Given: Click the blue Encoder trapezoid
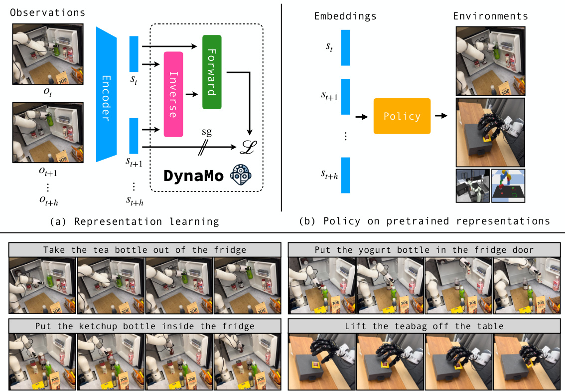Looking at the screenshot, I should tap(106, 94).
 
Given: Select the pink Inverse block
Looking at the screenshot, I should tap(173, 94).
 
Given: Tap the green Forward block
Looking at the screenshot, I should tap(212, 72).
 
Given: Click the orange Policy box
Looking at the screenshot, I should tap(402, 116).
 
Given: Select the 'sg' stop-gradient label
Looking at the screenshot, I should tap(206, 132).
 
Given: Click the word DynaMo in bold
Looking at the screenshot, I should tap(193, 177).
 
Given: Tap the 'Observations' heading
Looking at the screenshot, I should tap(47, 12).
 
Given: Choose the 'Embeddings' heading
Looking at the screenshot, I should tap(345, 16).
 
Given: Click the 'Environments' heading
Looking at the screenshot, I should tap(490, 16).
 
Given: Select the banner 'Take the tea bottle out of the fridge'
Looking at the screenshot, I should tap(144, 249).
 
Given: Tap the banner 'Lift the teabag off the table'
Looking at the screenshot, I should tap(424, 327).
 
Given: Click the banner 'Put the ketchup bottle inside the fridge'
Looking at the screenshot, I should tap(144, 327).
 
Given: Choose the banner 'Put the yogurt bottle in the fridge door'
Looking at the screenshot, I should tap(424, 249).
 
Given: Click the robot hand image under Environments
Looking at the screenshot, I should tap(490, 132).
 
